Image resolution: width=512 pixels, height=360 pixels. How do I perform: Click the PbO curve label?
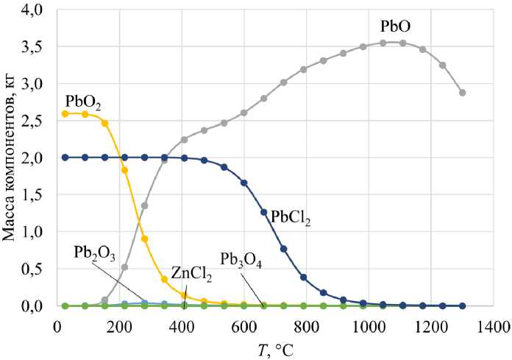pyautogui.click(x=396, y=27)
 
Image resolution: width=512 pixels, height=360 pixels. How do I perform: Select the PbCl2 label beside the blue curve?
pyautogui.click(x=292, y=218)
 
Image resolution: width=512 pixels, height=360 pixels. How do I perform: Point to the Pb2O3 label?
pyautogui.click(x=95, y=253)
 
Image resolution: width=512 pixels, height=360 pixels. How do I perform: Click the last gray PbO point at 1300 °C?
pyautogui.click(x=462, y=93)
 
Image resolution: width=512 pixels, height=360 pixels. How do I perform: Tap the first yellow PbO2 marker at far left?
pyautogui.click(x=65, y=114)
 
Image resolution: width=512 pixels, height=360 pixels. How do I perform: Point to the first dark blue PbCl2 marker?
pyautogui.click(x=65, y=158)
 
